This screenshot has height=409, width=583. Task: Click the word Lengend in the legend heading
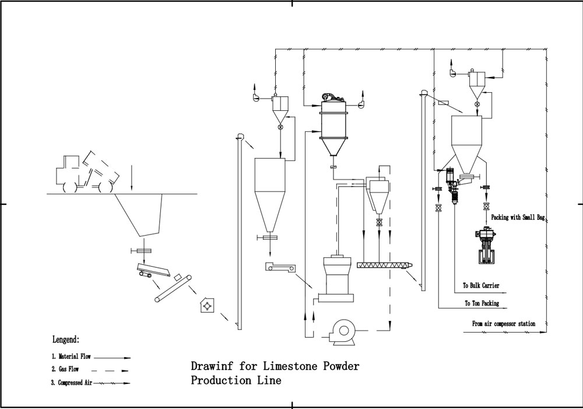coord(66,339)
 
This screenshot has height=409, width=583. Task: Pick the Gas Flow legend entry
coord(68,369)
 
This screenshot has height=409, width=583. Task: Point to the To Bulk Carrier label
coord(481,286)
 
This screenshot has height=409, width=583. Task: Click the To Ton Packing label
coord(481,303)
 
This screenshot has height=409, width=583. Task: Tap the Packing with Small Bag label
coord(518,217)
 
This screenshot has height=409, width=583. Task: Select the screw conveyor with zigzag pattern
coord(385,264)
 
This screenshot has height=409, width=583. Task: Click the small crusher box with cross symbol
coord(207,305)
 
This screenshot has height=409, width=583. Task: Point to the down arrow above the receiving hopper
coord(132,178)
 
